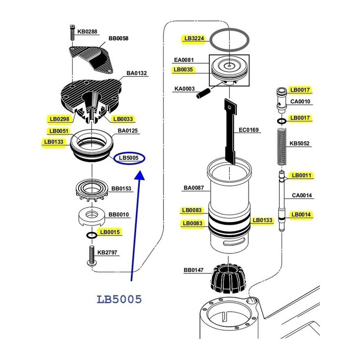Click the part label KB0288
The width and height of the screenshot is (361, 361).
[87, 32]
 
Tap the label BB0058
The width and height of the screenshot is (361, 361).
[118, 38]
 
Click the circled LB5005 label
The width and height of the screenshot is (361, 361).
[129, 158]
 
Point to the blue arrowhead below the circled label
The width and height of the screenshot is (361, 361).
[139, 175]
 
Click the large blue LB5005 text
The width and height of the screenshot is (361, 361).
[119, 299]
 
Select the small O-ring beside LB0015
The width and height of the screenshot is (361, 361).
[92, 235]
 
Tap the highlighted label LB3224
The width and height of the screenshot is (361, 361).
[194, 38]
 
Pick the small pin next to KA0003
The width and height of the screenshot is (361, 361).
[203, 93]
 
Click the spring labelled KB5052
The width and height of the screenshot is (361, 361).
[281, 147]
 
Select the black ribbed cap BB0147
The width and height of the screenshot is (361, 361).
[228, 278]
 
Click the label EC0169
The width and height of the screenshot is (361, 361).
[249, 130]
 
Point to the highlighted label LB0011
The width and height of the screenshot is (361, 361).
[301, 176]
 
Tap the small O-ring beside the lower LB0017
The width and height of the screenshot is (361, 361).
[281, 121]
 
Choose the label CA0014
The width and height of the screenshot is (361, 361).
[302, 195]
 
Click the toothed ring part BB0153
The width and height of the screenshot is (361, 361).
[92, 190]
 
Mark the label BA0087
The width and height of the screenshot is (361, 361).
[194, 188]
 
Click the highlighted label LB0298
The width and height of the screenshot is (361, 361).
[60, 119]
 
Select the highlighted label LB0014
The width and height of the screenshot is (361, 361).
[301, 215]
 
